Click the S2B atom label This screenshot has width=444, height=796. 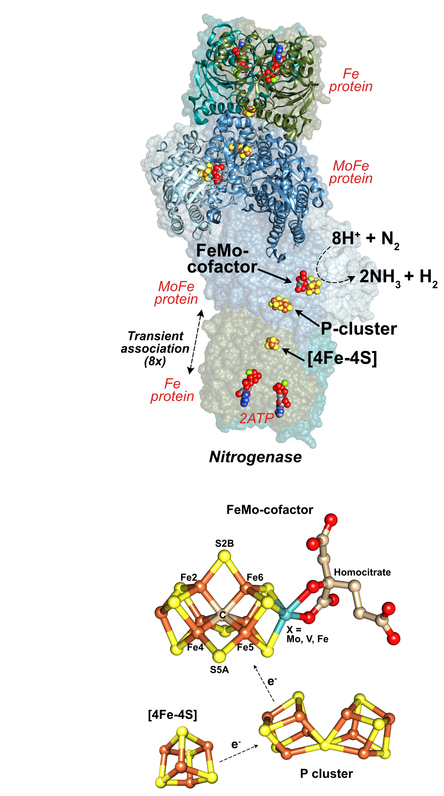(224, 543)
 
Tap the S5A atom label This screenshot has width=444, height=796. (219, 670)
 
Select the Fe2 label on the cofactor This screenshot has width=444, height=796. (189, 577)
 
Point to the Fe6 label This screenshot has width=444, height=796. (255, 577)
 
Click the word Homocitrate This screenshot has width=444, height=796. (362, 572)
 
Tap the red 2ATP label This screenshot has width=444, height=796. (256, 418)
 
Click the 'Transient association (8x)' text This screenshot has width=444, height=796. (155, 348)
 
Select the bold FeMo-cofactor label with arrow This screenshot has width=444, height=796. (222, 258)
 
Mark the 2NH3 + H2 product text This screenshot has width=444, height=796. (398, 277)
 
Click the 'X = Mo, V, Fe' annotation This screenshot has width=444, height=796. (307, 634)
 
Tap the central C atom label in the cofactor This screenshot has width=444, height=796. (222, 615)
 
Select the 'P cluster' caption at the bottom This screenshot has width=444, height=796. (326, 773)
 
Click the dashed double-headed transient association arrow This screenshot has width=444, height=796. (196, 342)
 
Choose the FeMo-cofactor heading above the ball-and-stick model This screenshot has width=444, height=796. (270, 510)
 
